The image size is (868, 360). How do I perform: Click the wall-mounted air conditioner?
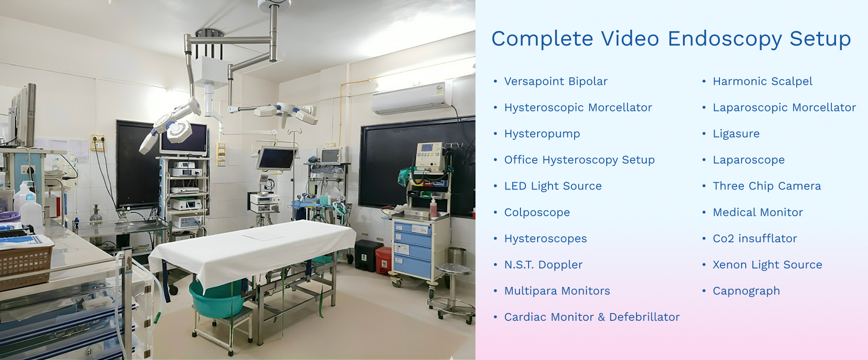[x=412, y=98]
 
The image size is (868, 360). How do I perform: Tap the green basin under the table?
[x=217, y=298]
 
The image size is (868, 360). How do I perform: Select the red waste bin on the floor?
[x=384, y=260]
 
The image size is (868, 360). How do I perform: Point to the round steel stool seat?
[x=453, y=268]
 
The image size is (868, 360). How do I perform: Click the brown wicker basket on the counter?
[x=25, y=263]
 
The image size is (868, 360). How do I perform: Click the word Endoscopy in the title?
[x=725, y=39]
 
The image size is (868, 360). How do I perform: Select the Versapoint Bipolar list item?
[x=556, y=81]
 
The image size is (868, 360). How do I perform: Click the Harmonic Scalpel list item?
[x=762, y=81]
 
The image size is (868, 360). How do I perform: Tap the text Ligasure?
[x=736, y=134]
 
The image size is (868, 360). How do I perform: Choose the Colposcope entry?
[x=537, y=212]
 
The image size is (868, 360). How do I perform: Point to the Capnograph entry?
[x=746, y=291]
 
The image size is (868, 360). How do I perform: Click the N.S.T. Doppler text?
[x=543, y=265]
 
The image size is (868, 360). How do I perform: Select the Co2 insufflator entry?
[x=755, y=238]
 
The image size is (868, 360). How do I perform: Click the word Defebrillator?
[x=644, y=317]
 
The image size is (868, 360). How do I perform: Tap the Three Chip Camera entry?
[x=766, y=186]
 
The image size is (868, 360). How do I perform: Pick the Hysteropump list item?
[x=542, y=134]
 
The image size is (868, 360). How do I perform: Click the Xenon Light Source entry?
[x=767, y=265]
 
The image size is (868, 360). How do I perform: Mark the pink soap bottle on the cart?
[x=434, y=207]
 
